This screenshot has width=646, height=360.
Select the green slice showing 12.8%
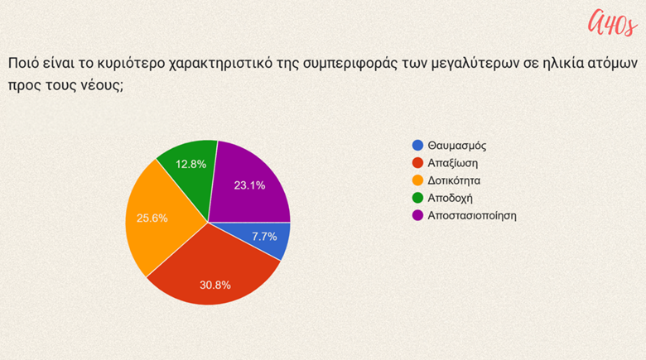point(190,169)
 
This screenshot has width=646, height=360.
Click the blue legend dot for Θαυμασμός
point(417,146)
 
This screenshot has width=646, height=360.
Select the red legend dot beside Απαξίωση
point(417,163)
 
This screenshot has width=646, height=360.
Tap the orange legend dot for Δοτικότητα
point(417,180)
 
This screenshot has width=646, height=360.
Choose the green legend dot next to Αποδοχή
point(417,198)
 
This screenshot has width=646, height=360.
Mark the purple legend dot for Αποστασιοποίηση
point(417,215)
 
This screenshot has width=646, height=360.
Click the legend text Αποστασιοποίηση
point(472,216)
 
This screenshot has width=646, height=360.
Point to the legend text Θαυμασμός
point(457,146)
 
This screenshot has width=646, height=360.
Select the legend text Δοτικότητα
point(454,180)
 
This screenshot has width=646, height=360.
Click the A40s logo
point(613,22)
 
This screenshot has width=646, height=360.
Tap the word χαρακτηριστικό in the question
point(221,64)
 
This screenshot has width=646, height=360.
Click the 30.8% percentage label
point(215,285)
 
